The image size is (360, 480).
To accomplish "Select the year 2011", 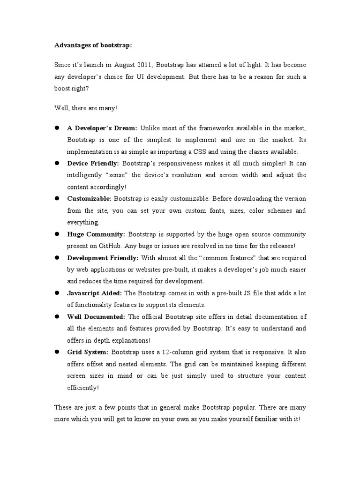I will coord(146,65).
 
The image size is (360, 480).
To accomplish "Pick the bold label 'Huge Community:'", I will coord(96,234).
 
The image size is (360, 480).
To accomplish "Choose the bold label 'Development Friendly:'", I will coord(103,257).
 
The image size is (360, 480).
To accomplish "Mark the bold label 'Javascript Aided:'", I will coord(95,293).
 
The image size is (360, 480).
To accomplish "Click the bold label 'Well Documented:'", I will coord(96,316).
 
